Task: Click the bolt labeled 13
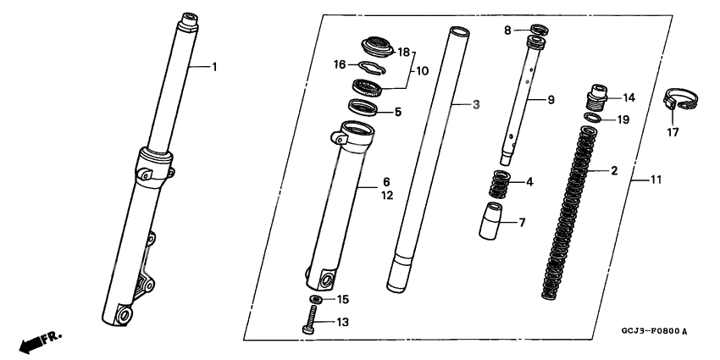310,320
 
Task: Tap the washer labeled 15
315,299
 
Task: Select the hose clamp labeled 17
680,99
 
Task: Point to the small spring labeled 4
500,184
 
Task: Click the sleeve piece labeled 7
490,221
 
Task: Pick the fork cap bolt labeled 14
596,97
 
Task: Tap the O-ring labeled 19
593,119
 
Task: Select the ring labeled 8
539,30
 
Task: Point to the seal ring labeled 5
363,108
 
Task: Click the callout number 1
214,67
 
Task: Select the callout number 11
656,180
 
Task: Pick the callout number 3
476,105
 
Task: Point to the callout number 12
387,196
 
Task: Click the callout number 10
422,71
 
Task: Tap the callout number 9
551,99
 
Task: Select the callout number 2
614,171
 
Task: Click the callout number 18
403,53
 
